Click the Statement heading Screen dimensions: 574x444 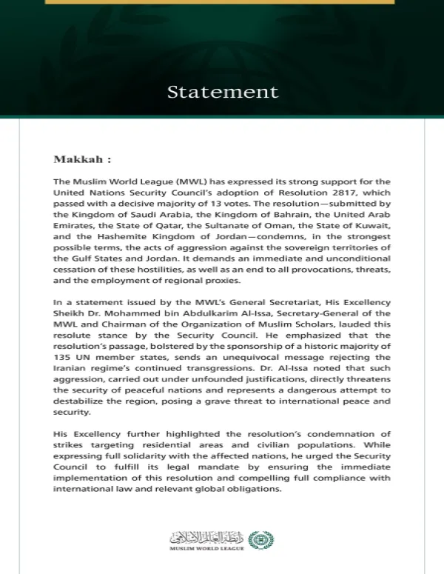[222, 92]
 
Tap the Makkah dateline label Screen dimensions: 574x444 [81, 158]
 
